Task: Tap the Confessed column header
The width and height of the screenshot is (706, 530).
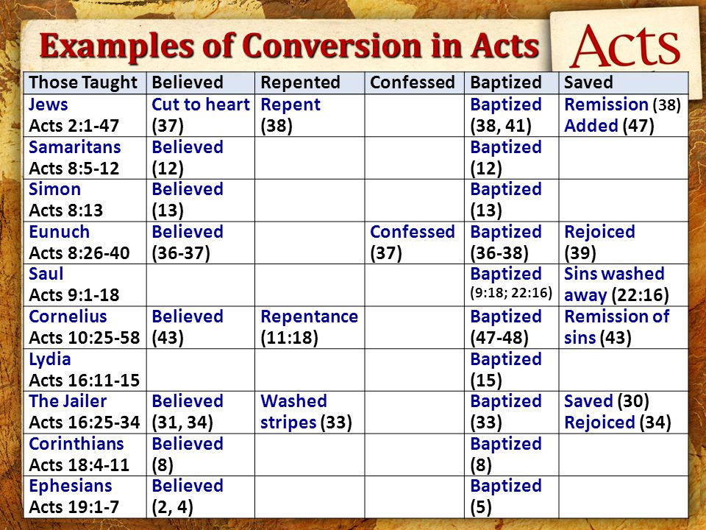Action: (413, 82)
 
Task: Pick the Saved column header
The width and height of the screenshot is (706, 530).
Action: (588, 82)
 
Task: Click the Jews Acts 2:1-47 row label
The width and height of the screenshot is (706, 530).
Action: (74, 115)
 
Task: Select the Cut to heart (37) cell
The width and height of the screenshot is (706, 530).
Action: (200, 115)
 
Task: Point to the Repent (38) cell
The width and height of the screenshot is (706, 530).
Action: (290, 115)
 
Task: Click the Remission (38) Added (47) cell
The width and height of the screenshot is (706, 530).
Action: (622, 115)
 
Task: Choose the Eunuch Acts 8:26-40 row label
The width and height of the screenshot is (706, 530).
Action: (79, 242)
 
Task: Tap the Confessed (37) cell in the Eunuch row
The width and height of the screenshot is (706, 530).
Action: (413, 242)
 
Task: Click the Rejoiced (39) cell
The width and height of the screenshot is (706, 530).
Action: (599, 242)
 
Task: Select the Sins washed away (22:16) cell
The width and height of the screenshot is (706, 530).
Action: (615, 284)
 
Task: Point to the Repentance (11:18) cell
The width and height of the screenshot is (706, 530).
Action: (309, 327)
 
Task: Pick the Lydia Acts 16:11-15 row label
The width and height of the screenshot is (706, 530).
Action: (84, 370)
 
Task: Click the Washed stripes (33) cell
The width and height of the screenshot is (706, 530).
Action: (304, 411)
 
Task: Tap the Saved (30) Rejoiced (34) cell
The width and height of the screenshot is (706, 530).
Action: (617, 411)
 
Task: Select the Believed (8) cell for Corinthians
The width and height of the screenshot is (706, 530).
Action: (187, 454)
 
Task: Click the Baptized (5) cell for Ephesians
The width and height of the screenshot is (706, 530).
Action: (505, 496)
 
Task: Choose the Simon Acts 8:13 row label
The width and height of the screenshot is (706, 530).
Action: (66, 199)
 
